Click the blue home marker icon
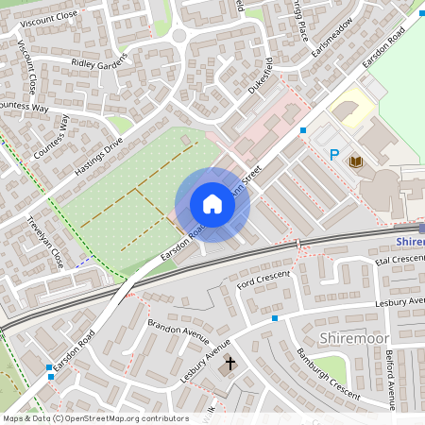[212, 204]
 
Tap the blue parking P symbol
[333, 154]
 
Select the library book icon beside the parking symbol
[356, 161]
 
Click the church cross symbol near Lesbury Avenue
[229, 363]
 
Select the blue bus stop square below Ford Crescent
[275, 318]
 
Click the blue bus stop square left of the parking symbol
[303, 129]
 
